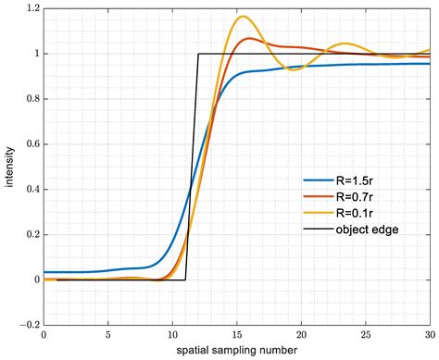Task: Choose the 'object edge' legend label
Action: [x=367, y=228]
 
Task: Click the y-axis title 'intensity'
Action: [x=8, y=167]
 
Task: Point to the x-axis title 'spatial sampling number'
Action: [x=237, y=351]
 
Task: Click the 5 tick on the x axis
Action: [x=108, y=335]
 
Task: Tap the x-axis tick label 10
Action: [x=172, y=335]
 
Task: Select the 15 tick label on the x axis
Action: [x=237, y=335]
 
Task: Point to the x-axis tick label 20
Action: [x=302, y=335]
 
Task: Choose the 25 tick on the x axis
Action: [x=366, y=335]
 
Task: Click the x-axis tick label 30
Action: [x=429, y=335]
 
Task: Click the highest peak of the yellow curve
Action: [x=244, y=17]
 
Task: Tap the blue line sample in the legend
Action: [x=317, y=181]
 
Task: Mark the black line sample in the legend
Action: [x=317, y=228]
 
